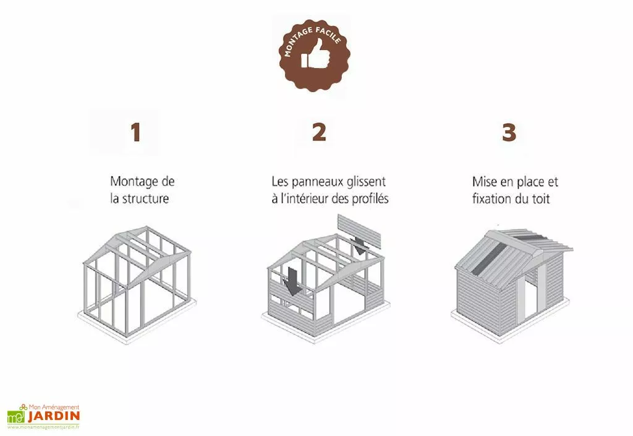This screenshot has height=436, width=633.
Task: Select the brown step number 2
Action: point(318,132)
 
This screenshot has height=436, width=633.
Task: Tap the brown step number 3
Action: point(509,132)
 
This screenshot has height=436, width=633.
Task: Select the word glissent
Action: point(366,182)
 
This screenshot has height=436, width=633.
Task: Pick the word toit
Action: point(539,200)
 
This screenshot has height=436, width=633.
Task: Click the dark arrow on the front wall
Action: point(292,282)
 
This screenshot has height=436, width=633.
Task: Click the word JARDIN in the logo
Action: point(53,416)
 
